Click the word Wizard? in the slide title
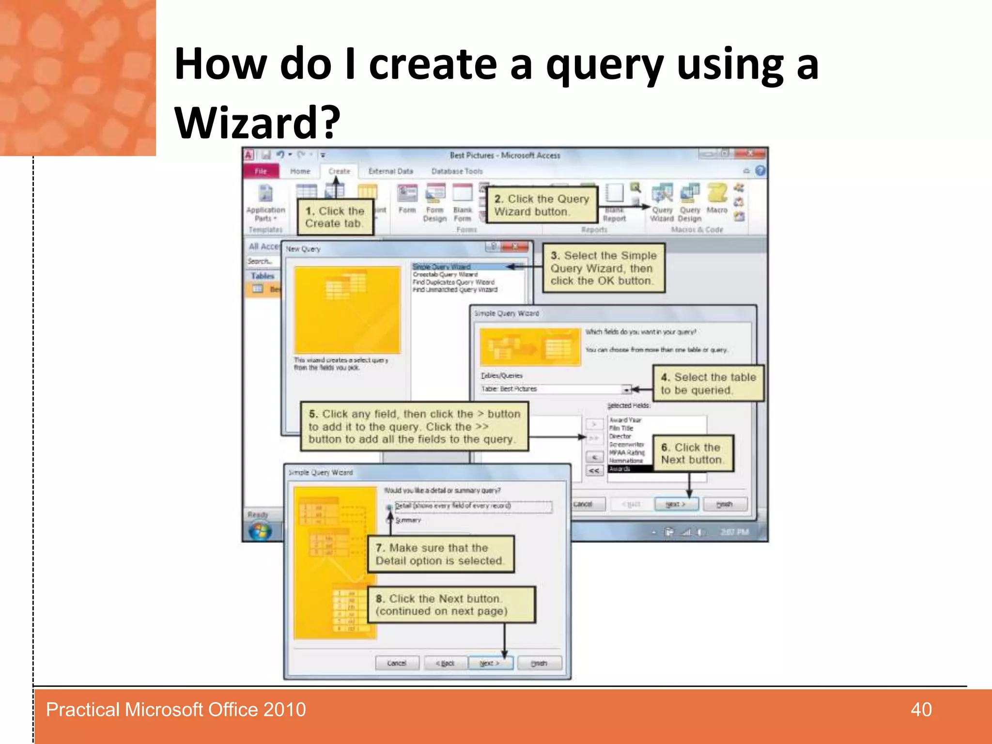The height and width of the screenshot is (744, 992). pos(257,123)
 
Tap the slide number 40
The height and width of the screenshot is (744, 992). pos(921,710)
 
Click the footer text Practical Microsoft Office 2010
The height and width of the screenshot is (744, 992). pos(176,710)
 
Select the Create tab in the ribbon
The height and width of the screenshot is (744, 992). pos(339,171)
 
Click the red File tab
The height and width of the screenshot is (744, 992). pos(261,171)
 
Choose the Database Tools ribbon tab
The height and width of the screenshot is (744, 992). pos(456,171)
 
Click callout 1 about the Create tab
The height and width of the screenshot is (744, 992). pos(335,217)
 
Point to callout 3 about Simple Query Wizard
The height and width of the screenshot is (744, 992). pos(603,268)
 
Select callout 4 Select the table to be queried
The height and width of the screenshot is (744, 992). pos(708,383)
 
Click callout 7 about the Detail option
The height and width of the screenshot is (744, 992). pos(440,554)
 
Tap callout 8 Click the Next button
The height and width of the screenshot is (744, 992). pos(450,604)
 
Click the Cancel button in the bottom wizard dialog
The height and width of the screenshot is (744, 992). pos(397,663)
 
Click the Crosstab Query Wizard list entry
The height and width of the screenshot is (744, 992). pos(445,274)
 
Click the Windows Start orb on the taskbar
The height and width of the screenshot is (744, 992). pos(260,531)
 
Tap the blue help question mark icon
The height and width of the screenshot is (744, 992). pos(760,170)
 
